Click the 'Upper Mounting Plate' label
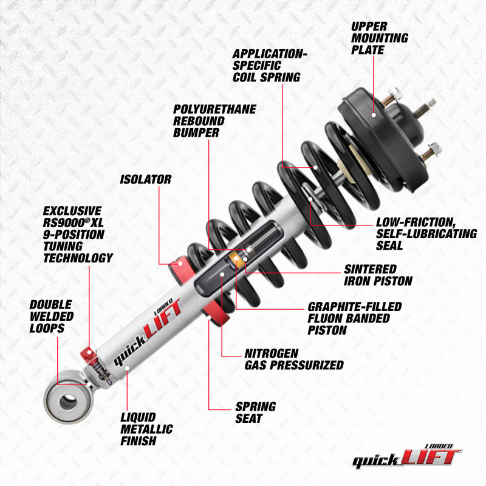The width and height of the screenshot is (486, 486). (x=379, y=38)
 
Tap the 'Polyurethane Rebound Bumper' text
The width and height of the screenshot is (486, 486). (x=214, y=120)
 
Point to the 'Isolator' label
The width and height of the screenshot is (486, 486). (x=145, y=180)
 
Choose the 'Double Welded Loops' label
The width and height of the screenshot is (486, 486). (x=51, y=316)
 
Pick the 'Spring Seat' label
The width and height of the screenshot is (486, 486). (x=255, y=412)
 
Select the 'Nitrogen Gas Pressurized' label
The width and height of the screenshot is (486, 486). (x=293, y=359)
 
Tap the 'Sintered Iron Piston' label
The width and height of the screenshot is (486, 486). (x=378, y=275)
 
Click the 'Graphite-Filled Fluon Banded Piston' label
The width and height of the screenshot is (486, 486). (x=354, y=318)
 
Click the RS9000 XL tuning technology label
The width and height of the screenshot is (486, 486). (x=77, y=234)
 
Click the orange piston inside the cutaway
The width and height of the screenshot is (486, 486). (x=236, y=260)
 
